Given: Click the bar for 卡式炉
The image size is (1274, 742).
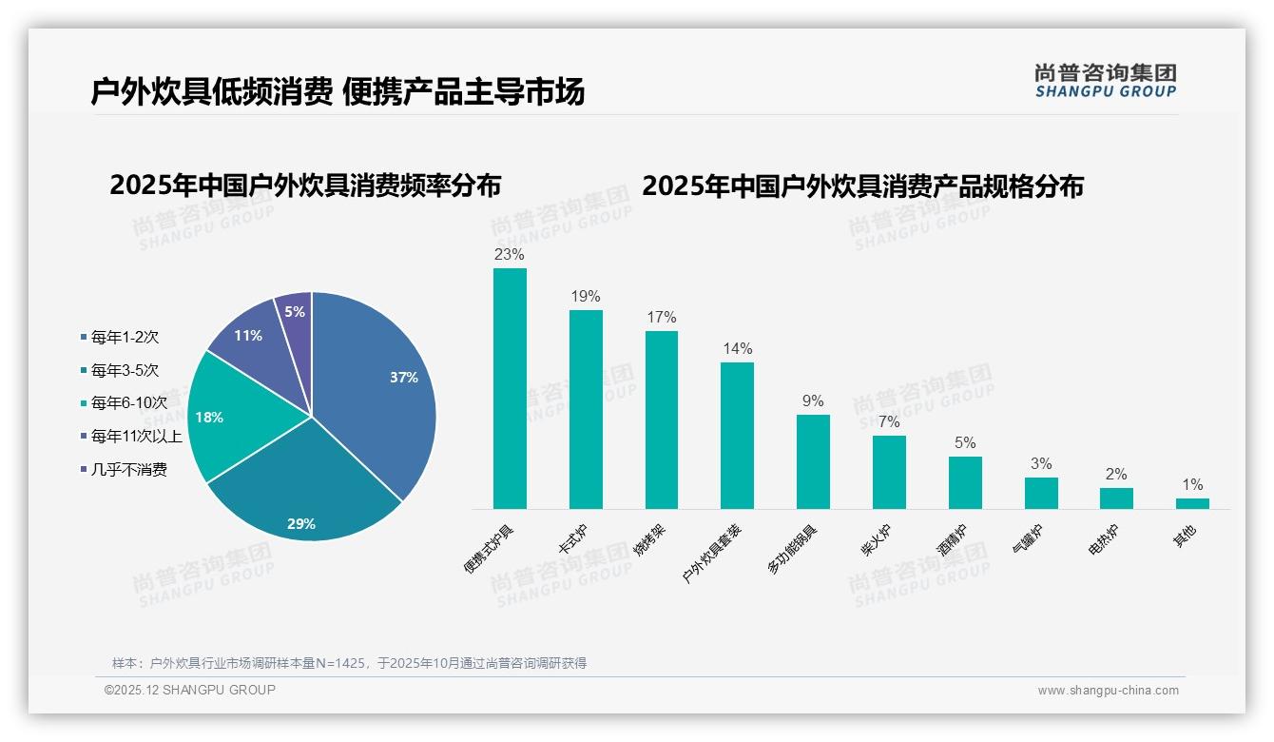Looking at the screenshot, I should pyautogui.click(x=586, y=409).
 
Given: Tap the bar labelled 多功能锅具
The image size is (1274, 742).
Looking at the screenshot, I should pyautogui.click(x=813, y=461).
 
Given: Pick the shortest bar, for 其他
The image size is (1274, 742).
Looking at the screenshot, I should pyautogui.click(x=1192, y=503).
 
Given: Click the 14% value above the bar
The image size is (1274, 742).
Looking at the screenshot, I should pyautogui.click(x=737, y=348).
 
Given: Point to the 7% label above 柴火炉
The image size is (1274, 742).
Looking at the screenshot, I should pyautogui.click(x=889, y=421).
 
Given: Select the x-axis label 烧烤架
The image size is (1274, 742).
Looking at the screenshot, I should pyautogui.click(x=651, y=538).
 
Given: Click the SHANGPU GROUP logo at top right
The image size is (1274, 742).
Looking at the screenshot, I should pyautogui.click(x=1105, y=81).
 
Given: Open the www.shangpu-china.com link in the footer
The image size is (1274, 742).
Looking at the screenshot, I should pyautogui.click(x=1108, y=691).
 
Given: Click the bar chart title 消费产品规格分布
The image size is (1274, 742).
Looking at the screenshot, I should pyautogui.click(x=862, y=186).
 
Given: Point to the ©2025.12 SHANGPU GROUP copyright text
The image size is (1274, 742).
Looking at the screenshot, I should pyautogui.click(x=190, y=690).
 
